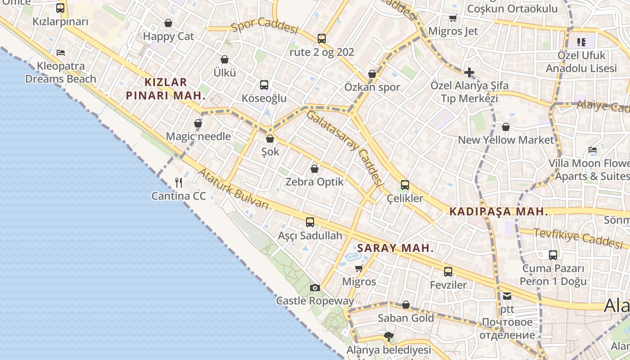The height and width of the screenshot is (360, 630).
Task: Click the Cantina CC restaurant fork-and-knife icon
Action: click(179, 182)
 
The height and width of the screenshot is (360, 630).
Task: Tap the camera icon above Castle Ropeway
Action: click(315, 288)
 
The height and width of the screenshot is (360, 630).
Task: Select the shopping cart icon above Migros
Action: click(359, 269)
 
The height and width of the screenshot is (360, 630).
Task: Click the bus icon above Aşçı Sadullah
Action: click(310, 222)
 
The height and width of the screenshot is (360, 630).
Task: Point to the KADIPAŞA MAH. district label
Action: click(499, 211)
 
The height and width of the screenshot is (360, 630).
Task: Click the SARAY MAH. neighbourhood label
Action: click(395, 248)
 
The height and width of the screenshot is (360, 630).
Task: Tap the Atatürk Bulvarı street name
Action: click(233, 189)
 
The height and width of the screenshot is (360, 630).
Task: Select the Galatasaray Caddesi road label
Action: click(345, 148)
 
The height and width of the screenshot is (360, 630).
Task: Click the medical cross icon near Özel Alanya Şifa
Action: click(469, 72)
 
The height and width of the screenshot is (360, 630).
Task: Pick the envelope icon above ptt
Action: click(507, 296)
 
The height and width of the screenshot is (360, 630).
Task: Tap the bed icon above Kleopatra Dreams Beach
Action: click(61, 53)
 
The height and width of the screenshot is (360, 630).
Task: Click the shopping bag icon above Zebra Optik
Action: click(315, 169)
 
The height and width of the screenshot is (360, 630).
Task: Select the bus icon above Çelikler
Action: click(405, 184)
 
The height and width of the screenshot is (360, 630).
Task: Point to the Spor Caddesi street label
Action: click(265, 27)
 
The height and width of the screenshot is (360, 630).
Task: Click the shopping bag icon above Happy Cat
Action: click(168, 23)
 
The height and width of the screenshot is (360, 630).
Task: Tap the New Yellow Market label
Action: click(506, 140)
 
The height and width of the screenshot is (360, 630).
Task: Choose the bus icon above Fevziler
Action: click(448, 271)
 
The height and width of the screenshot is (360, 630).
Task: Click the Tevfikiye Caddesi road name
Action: click(578, 238)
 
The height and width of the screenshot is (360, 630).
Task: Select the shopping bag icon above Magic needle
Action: click(198, 123)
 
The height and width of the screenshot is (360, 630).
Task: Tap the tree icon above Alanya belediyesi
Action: click(388, 336)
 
